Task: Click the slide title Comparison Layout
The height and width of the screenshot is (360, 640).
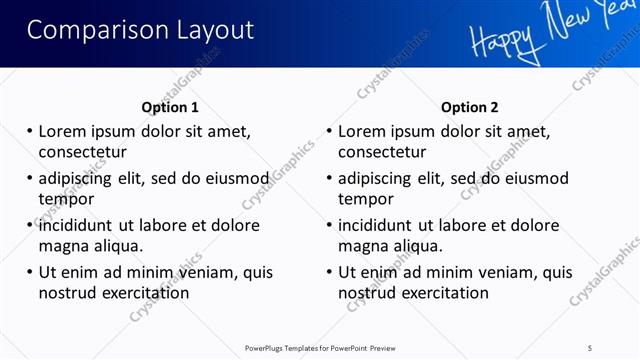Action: tap(140, 30)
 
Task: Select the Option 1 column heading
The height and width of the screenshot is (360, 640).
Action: tap(170, 107)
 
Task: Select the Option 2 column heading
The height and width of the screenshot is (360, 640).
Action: tap(469, 107)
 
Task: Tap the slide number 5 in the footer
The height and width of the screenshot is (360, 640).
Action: tap(590, 347)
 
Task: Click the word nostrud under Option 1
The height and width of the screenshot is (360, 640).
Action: tap(66, 293)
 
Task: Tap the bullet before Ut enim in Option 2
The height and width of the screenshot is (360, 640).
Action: tap(329, 272)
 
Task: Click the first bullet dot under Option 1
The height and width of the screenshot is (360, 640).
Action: tap(30, 131)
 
